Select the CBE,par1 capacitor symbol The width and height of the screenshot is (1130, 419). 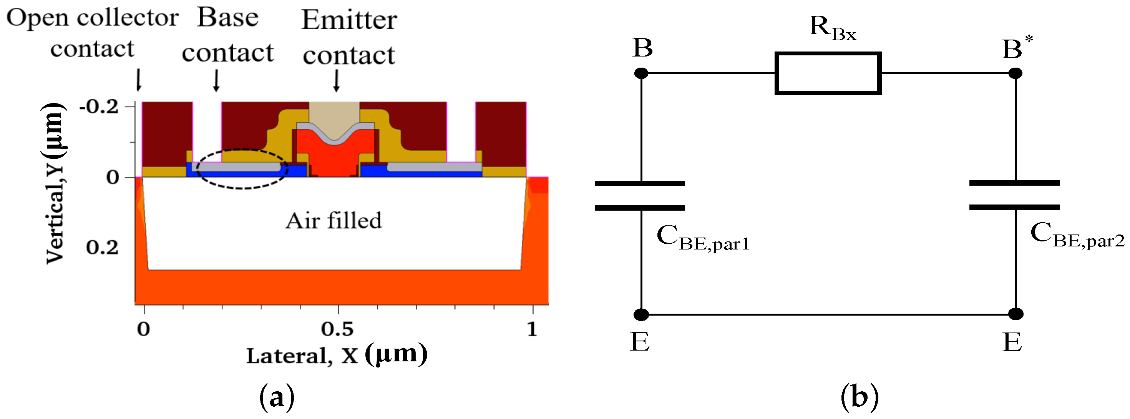click(x=640, y=196)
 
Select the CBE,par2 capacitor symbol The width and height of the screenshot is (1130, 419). click(x=1014, y=195)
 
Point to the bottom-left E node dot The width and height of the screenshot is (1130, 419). click(x=641, y=314)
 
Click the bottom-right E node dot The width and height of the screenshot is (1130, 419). click(x=1016, y=314)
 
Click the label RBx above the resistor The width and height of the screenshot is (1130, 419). click(x=832, y=28)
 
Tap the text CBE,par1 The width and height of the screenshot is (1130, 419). click(x=703, y=238)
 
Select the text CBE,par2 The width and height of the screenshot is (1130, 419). click(x=1077, y=236)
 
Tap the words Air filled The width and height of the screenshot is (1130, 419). click(x=334, y=221)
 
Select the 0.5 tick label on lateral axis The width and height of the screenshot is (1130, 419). click(x=337, y=329)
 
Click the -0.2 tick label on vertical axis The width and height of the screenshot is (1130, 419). click(x=99, y=106)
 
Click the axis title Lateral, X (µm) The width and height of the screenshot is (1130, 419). click(x=337, y=355)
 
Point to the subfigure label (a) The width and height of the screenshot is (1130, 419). click(x=277, y=397)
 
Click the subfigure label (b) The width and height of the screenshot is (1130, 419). click(x=859, y=397)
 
